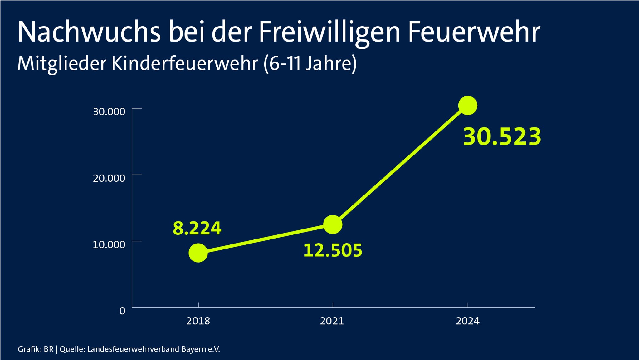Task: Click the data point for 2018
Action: [x=198, y=253]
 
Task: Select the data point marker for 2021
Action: [x=333, y=224]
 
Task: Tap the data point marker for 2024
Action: [x=467, y=106]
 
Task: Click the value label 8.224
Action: [x=197, y=228]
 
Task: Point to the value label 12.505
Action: [x=333, y=250]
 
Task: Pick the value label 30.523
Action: [x=502, y=137]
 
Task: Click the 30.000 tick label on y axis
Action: [x=109, y=111]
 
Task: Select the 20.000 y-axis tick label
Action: [x=109, y=178]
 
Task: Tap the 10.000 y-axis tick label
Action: [x=109, y=244]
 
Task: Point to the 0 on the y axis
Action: [x=122, y=311]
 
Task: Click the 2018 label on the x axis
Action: [x=198, y=321]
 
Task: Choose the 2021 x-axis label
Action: [x=332, y=321]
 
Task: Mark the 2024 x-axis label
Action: [x=467, y=321]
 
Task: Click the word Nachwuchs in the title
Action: [x=89, y=32]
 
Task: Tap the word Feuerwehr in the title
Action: [x=474, y=32]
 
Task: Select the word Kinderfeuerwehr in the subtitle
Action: [x=184, y=63]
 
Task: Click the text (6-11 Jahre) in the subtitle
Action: [x=310, y=63]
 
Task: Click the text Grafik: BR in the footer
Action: [x=36, y=349]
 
